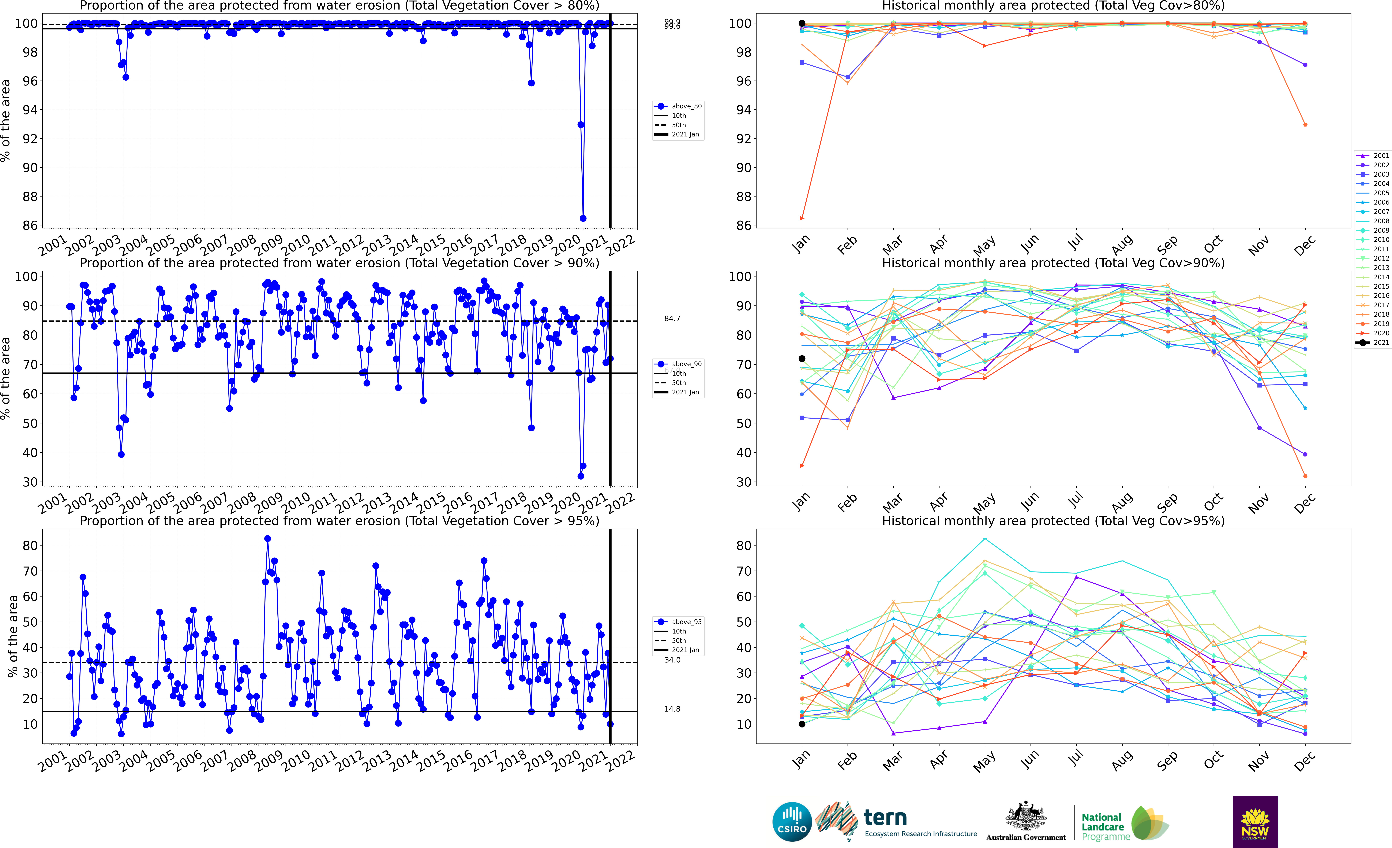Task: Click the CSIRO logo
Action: tap(792, 821)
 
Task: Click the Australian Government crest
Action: tap(1025, 817)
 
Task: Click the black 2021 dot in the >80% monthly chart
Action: tap(802, 23)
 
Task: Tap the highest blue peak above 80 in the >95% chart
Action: tap(268, 539)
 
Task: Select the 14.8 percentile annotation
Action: tap(672, 709)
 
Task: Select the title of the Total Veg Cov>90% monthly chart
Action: tap(1053, 263)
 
